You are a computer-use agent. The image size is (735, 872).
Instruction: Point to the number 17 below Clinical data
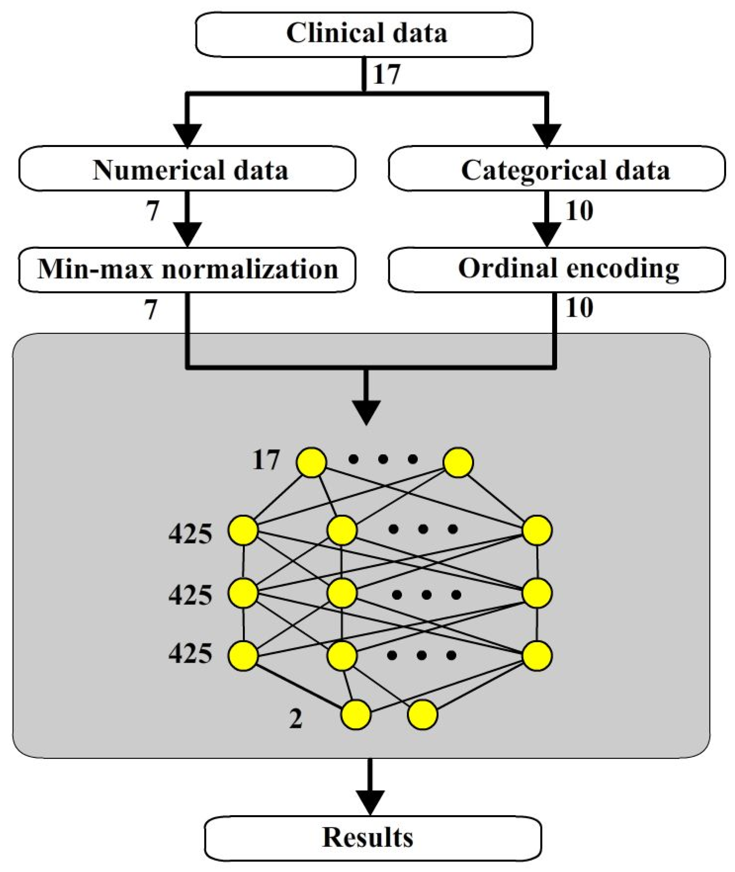[386, 75]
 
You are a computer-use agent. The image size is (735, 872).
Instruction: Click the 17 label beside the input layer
[265, 461]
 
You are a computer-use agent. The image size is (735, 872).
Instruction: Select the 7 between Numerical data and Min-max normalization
[152, 211]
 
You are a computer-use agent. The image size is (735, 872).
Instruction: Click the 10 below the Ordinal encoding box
[579, 309]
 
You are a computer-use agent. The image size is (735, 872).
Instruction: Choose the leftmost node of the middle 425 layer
[243, 593]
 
